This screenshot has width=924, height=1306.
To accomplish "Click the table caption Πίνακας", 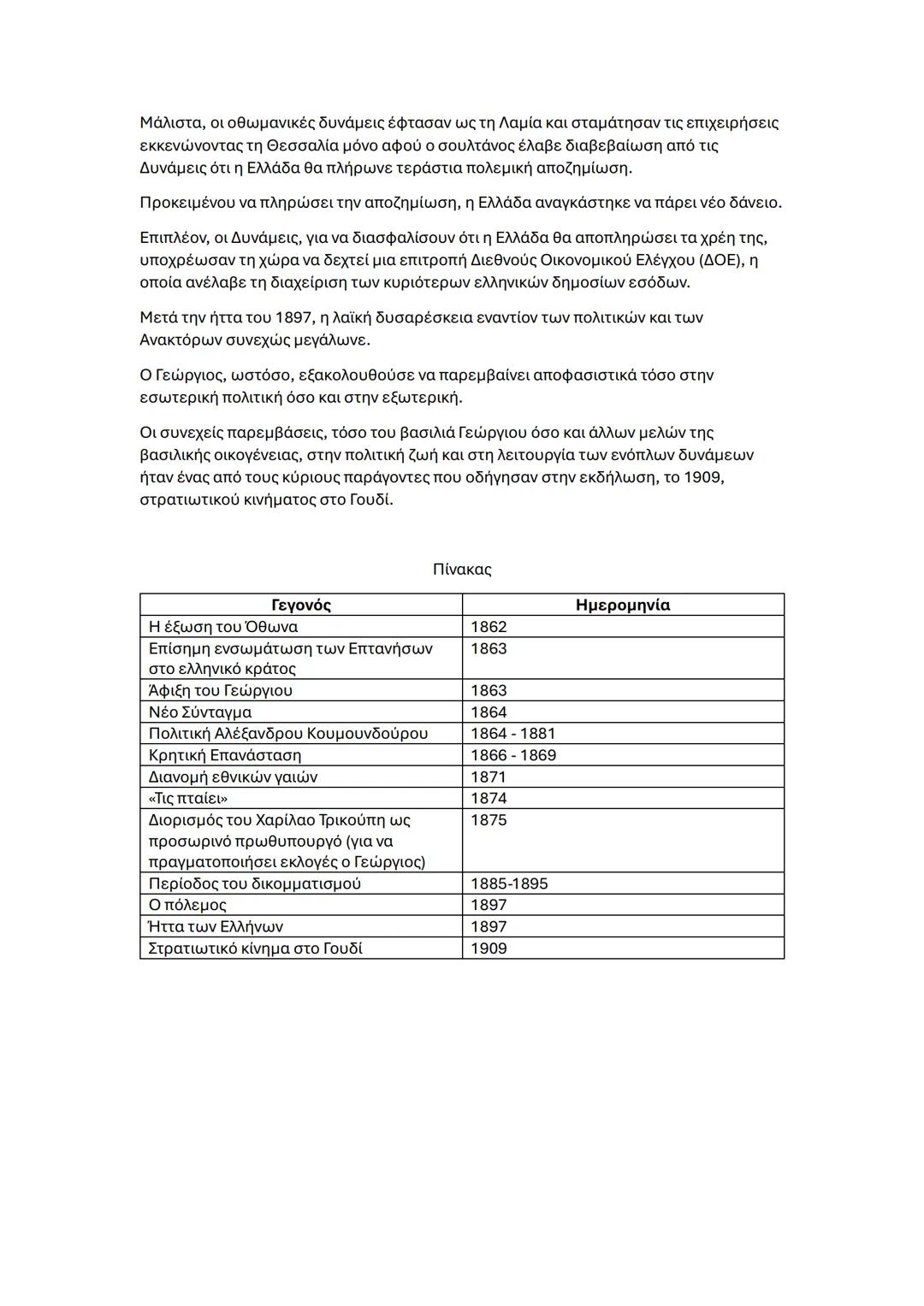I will (x=462, y=570).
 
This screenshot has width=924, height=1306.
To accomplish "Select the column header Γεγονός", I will (x=301, y=606).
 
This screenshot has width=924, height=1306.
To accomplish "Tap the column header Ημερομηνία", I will (x=623, y=606).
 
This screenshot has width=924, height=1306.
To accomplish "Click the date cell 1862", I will (x=489, y=627).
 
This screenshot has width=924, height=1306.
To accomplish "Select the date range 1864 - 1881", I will (x=512, y=734).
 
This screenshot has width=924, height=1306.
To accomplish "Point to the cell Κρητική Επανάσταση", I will (x=225, y=755).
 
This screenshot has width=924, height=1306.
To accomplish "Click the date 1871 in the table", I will (x=489, y=777).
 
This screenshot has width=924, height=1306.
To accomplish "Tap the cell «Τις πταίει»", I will (x=188, y=799).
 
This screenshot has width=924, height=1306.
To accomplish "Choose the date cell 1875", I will (x=489, y=820).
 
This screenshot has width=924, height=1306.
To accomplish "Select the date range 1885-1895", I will (x=509, y=883).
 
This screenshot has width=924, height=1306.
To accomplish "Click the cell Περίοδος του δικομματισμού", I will (x=255, y=883).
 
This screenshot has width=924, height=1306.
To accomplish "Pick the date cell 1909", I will (x=489, y=948).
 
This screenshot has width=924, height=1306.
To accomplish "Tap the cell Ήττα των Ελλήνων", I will (x=216, y=927).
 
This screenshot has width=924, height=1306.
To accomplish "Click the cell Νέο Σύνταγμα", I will (x=200, y=712).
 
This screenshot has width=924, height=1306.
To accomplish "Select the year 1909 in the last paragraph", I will (x=702, y=477).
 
